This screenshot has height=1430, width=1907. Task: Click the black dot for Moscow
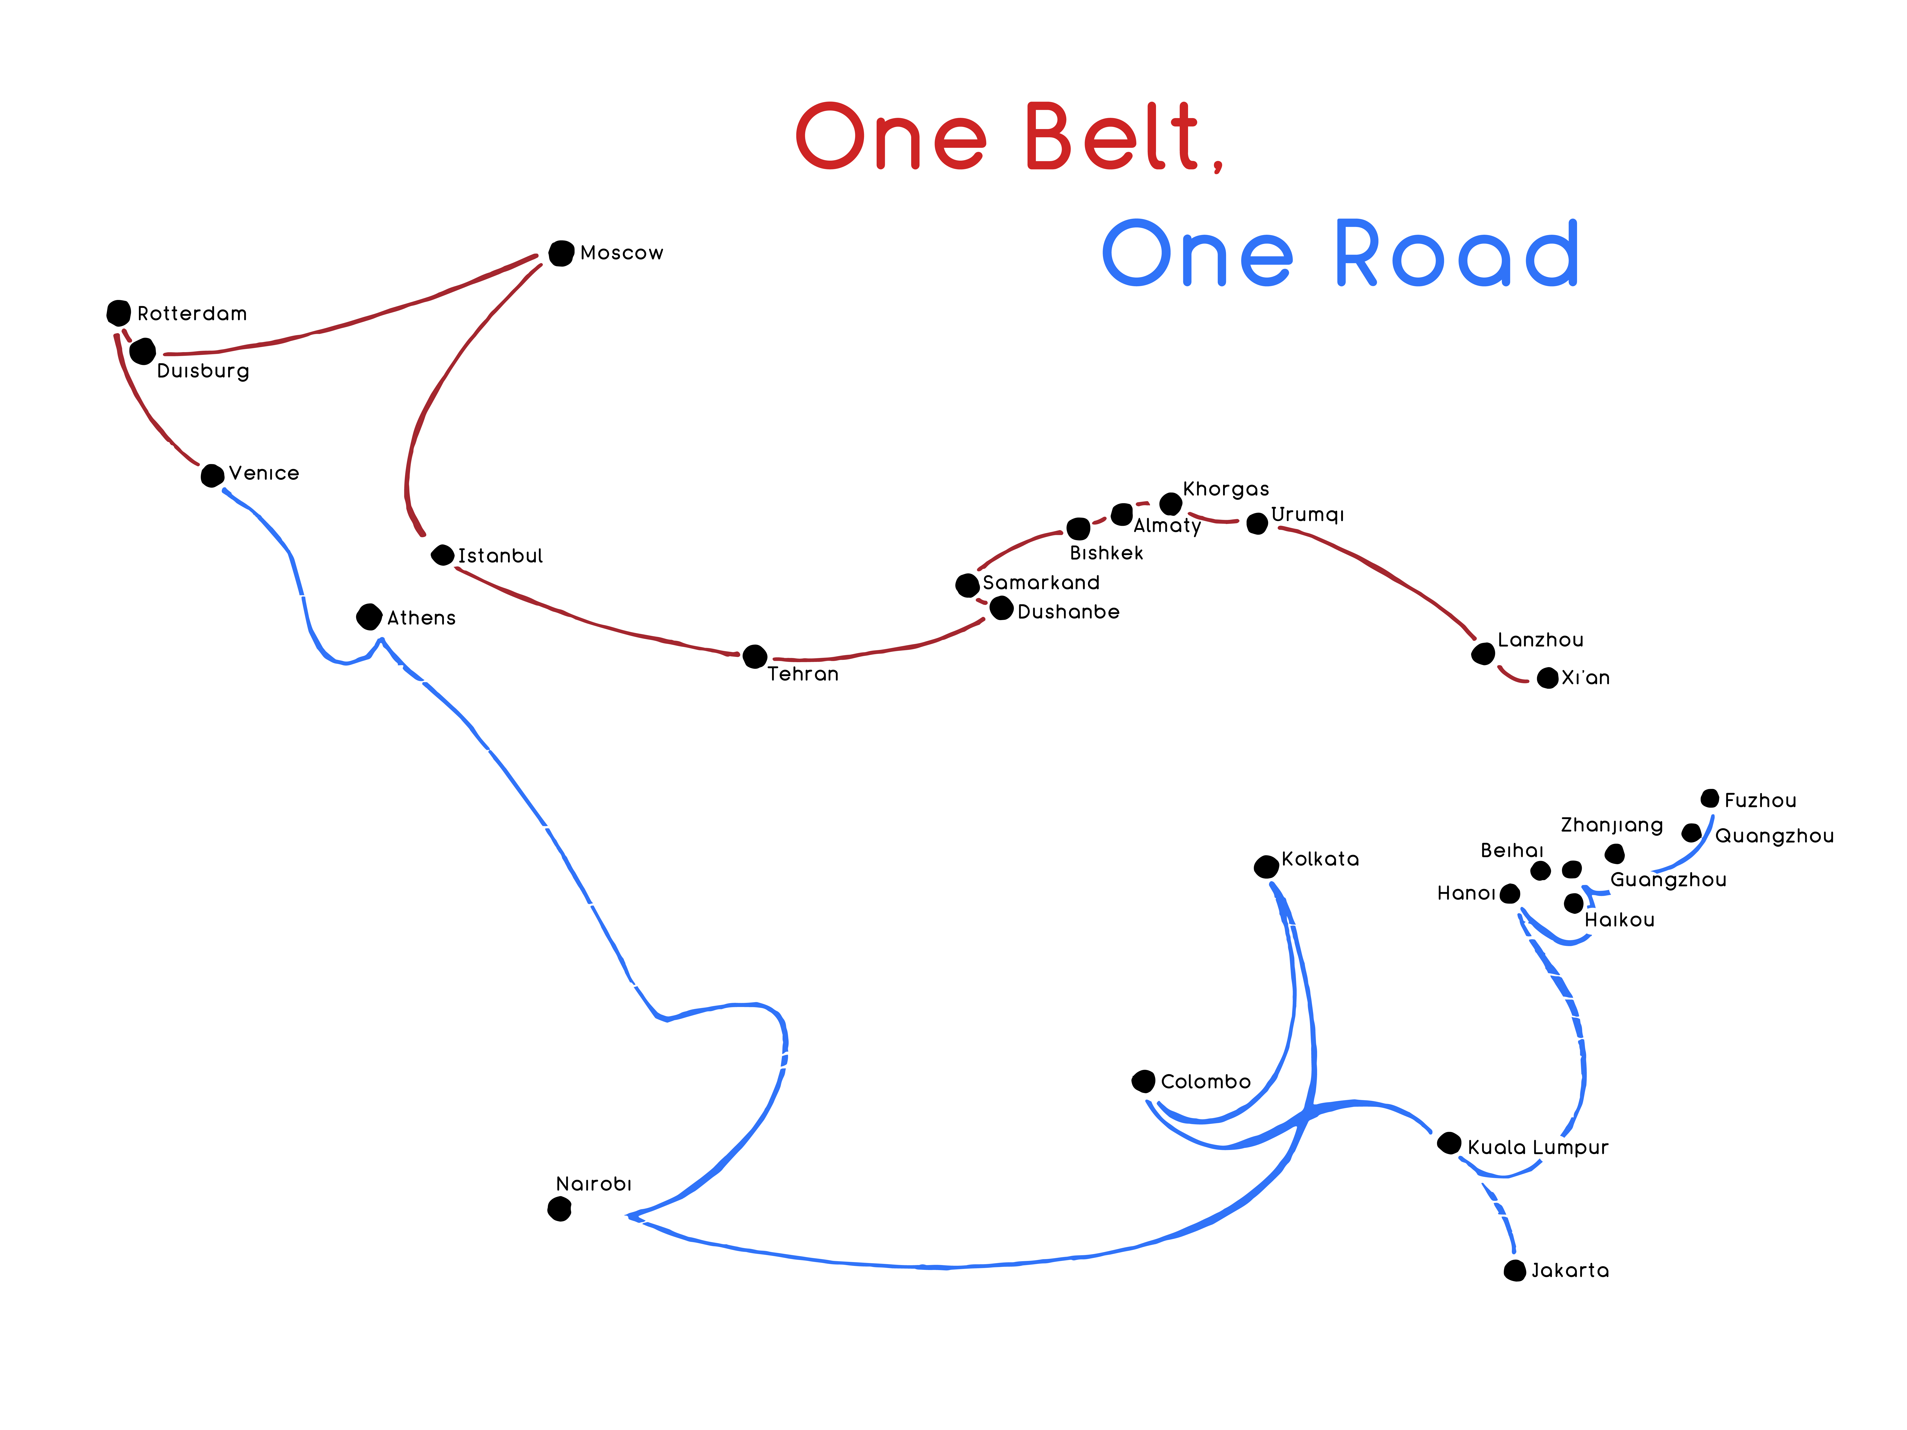coord(561,254)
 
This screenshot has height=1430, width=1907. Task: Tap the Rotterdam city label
coord(192,314)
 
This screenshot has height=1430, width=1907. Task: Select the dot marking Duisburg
coord(142,352)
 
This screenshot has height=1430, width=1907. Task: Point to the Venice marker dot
coord(212,475)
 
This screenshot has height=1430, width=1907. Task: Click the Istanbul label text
coord(500,556)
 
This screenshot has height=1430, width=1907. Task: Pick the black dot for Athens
coord(369,617)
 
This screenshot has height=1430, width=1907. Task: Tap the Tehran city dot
coord(754,657)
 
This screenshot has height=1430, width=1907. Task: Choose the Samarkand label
coord(1041,583)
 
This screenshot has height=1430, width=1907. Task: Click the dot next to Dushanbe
coord(1001,609)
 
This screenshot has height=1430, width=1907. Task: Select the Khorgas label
coord(1226,490)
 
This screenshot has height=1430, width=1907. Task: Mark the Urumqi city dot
coord(1257,523)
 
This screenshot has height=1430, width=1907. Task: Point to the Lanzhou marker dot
coord(1483,654)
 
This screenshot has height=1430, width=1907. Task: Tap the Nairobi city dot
coord(559,1209)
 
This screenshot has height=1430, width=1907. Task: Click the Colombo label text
coord(1205,1082)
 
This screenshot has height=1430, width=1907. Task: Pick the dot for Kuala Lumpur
coord(1449,1144)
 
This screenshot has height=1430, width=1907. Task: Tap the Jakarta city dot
coord(1515,1271)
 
